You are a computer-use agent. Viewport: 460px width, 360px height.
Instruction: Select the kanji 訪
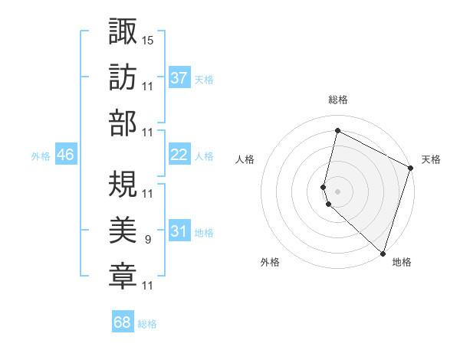123,77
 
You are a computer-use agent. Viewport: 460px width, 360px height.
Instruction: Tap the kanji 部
123,123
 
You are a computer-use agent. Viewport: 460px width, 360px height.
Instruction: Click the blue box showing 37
179,77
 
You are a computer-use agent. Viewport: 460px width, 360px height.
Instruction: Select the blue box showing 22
179,155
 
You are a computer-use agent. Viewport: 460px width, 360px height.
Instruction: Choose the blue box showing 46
66,155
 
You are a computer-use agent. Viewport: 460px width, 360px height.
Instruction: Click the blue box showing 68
123,322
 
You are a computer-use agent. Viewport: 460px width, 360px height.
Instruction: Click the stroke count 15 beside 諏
148,38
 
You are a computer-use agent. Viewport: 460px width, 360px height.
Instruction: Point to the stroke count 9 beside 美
147,239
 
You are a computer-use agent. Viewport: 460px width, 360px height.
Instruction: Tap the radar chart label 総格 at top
338,100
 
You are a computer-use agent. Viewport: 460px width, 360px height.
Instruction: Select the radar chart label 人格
245,159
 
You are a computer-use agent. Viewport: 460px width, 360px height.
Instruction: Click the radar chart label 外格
270,262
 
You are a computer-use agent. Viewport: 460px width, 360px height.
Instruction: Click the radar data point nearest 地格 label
383,254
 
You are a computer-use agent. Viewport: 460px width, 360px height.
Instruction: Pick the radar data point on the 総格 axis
337,131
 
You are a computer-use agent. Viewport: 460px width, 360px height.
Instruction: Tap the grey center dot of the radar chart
337,191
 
